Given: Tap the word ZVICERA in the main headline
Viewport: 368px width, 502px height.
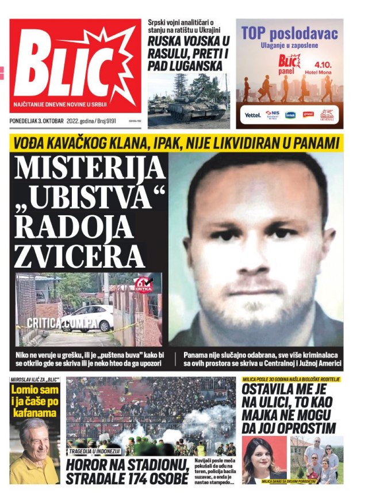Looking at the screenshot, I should click(79, 255).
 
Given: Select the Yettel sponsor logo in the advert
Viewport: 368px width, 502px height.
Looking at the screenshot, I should click(253, 115).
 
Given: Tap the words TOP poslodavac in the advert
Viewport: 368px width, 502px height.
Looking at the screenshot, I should click(289, 34).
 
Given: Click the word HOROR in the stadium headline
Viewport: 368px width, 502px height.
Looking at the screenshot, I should click(86, 465).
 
